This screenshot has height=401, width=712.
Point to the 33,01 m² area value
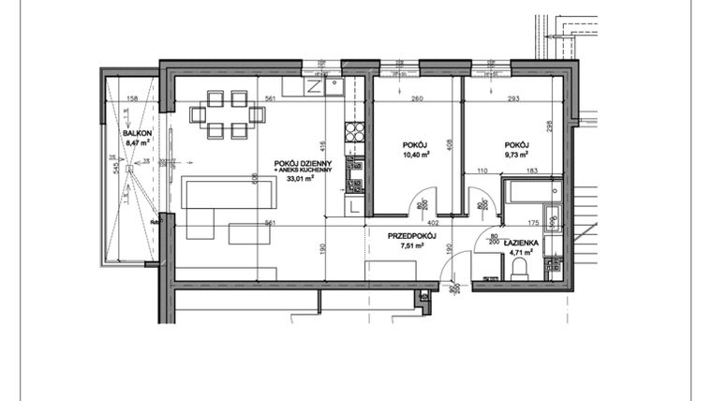click(x=299, y=181)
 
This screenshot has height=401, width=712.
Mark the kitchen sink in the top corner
click(x=334, y=87)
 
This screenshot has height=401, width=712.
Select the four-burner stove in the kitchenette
click(x=355, y=132)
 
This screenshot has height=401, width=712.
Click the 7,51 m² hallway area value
click(x=413, y=247)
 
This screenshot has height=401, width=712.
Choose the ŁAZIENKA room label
click(x=522, y=242)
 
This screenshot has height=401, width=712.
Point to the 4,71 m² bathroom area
click(x=522, y=252)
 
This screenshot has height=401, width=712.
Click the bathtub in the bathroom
click(x=533, y=196)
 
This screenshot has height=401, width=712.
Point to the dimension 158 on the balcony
click(x=132, y=98)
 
